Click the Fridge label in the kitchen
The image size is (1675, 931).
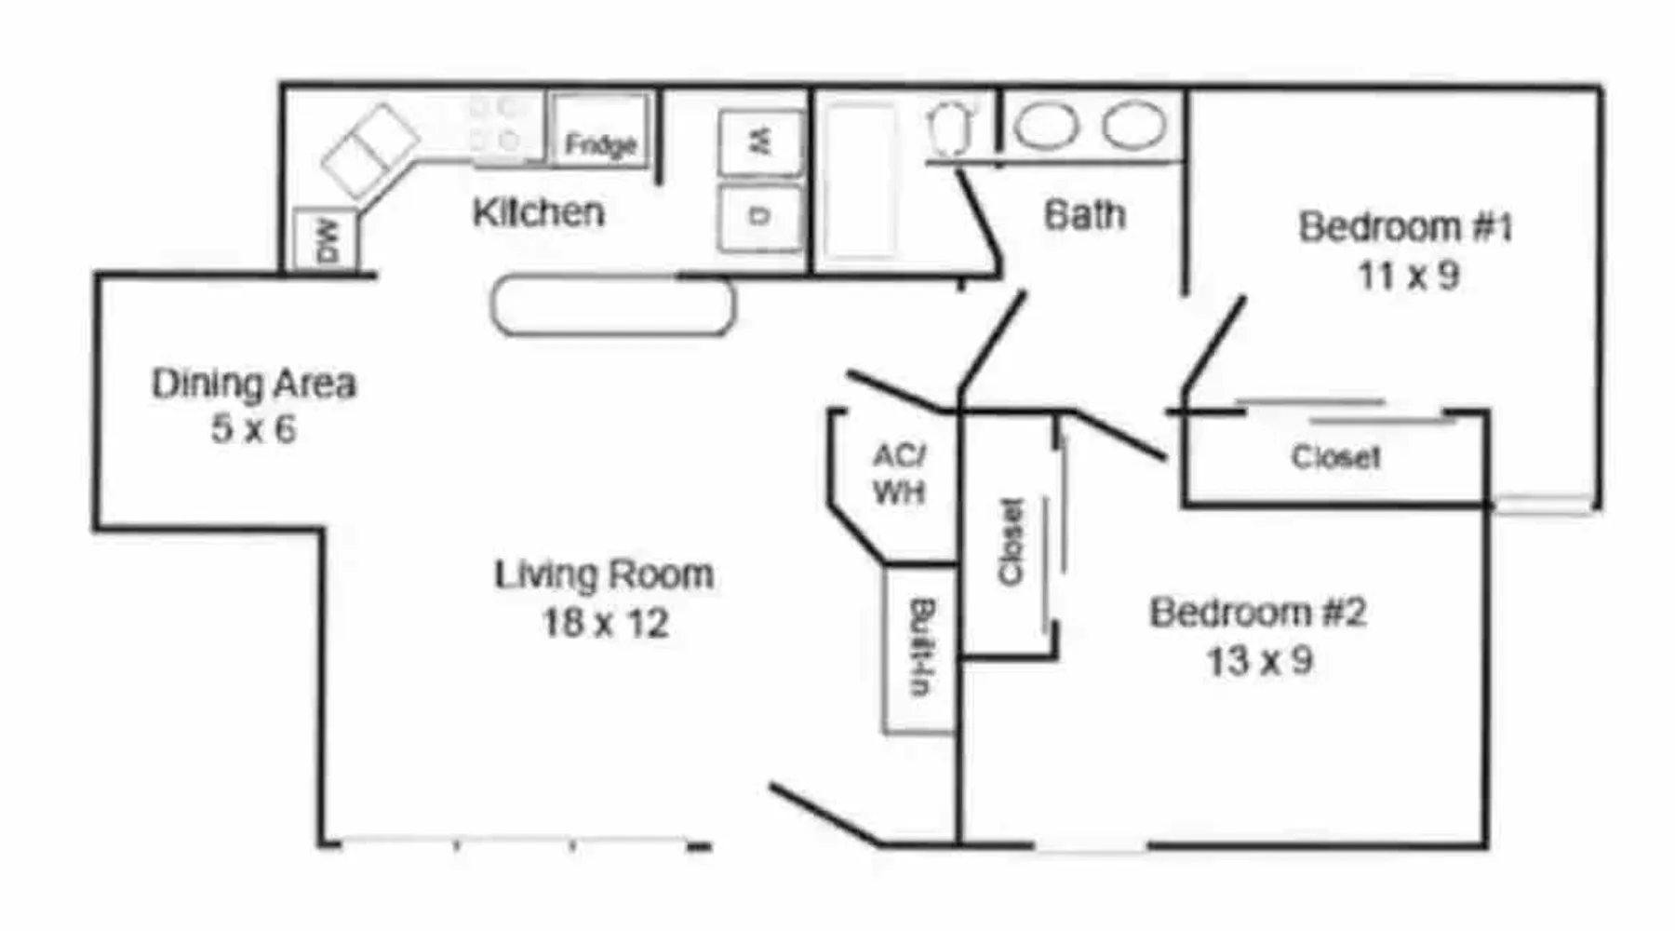[x=600, y=144]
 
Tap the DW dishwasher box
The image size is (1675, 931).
[x=324, y=240]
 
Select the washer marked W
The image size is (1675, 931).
[x=761, y=142]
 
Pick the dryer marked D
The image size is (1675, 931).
[x=760, y=217]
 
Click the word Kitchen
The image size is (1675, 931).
[x=538, y=213]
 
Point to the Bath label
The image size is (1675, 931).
[x=1084, y=215]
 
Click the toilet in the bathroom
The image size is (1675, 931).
[x=950, y=128]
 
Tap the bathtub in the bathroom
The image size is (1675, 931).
[x=862, y=181]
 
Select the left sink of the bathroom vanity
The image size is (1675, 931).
[x=1046, y=126]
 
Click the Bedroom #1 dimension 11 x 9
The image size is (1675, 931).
[x=1408, y=276]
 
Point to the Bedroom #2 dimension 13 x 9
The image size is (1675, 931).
[x=1260, y=661]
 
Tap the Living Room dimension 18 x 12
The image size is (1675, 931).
[x=606, y=623]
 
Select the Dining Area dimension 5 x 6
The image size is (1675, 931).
[x=253, y=429]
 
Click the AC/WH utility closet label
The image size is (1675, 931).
[x=899, y=474]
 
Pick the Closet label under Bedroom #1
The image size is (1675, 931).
[x=1335, y=457]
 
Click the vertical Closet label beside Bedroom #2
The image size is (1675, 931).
[x=1011, y=542]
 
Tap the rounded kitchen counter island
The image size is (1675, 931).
[x=613, y=305]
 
